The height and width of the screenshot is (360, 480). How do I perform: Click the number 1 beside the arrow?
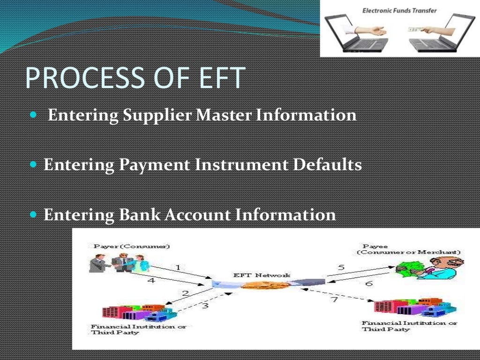point(178,267)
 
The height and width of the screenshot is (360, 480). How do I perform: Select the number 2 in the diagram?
point(185,294)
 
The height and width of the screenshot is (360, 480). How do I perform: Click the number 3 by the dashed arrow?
point(205,306)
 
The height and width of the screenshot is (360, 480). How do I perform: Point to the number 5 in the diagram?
point(341,268)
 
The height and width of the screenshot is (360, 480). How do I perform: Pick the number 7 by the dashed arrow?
point(334,300)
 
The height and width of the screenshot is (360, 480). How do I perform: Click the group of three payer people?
point(120,263)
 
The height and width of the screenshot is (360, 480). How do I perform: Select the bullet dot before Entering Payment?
point(32,165)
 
